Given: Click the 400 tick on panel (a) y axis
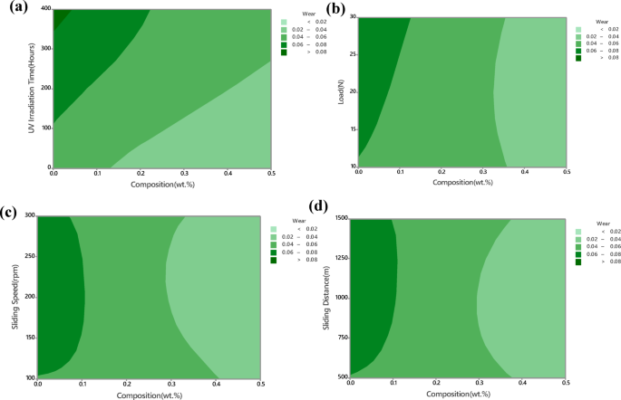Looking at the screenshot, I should point(43,9).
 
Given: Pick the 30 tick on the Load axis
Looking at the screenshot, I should point(352,17).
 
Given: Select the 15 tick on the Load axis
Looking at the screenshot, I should point(352,130).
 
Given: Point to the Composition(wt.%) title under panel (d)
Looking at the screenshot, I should point(459,394).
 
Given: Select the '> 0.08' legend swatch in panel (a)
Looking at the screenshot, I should point(284,52).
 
